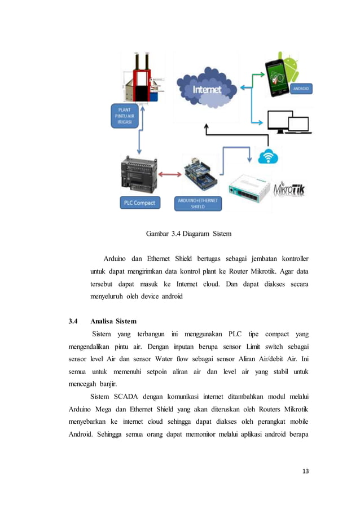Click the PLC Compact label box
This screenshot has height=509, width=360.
tap(138, 203)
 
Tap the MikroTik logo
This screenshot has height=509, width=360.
tap(288, 190)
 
